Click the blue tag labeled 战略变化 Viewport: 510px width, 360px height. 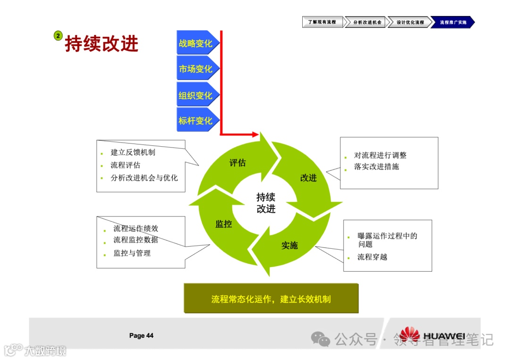(x=196, y=43)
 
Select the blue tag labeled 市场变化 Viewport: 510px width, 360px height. (x=196, y=69)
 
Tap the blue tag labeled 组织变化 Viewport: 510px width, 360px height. (x=196, y=95)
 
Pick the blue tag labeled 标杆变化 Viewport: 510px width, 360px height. (x=196, y=121)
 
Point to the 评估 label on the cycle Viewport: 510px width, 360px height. (x=238, y=163)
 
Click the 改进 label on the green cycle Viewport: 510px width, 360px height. (x=308, y=178)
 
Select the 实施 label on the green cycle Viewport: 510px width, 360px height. (x=289, y=245)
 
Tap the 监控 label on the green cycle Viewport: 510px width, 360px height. (x=223, y=224)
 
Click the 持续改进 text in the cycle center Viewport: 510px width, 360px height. (x=266, y=203)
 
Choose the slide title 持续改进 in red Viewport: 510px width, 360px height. (x=102, y=43)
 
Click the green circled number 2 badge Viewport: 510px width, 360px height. (x=58, y=35)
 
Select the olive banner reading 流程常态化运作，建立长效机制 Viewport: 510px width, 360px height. (x=271, y=299)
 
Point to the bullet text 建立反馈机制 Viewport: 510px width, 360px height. (x=133, y=152)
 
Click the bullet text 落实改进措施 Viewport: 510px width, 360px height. (x=376, y=167)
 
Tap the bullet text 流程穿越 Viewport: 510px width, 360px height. (x=372, y=257)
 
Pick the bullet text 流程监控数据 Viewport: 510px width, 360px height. (x=136, y=240)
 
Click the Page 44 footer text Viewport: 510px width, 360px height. (x=141, y=335)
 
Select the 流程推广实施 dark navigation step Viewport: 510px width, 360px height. (x=452, y=22)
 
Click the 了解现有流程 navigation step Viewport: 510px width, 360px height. (x=322, y=22)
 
